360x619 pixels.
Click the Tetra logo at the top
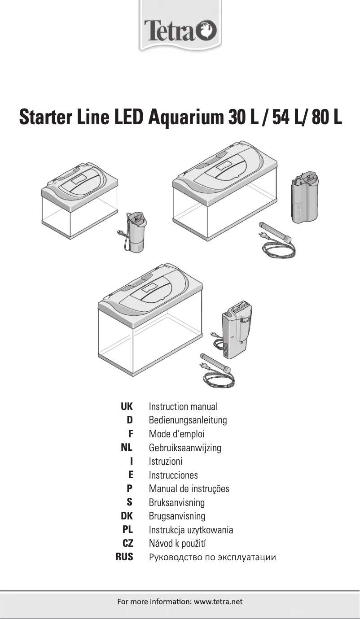(x=180, y=31)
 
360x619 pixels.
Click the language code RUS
(x=124, y=558)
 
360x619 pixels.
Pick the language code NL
(x=127, y=448)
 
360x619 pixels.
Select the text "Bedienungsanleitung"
(x=188, y=420)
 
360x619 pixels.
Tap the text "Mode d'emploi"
(x=176, y=434)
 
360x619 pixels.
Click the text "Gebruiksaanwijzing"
(x=185, y=448)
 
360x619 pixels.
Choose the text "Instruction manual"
(x=183, y=407)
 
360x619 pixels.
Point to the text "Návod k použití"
(x=178, y=544)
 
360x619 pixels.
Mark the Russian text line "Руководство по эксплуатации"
(x=212, y=558)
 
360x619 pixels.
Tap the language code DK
(x=127, y=516)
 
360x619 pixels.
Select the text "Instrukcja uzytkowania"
(x=191, y=530)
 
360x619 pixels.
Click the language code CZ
(x=127, y=544)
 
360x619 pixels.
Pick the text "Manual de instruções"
(x=189, y=489)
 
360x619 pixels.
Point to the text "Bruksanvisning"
(x=176, y=503)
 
